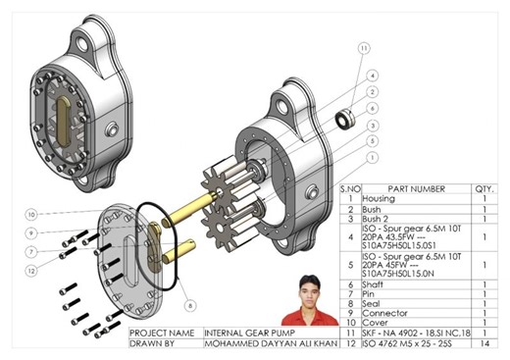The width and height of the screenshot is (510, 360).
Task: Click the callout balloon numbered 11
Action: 365,47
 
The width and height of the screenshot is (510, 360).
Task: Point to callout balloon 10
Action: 31,213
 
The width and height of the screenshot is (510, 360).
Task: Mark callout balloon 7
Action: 31,251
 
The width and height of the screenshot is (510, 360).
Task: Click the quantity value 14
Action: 484,344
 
